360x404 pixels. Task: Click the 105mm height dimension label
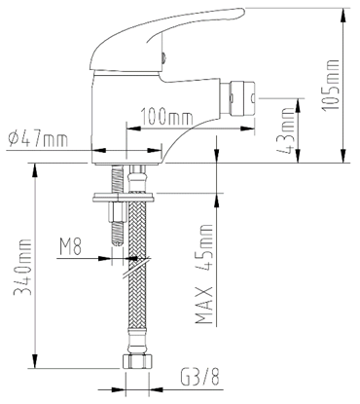click(x=331, y=85)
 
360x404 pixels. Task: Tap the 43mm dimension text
click(x=286, y=130)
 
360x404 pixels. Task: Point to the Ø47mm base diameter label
click(x=38, y=138)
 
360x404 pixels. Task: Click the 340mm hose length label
click(x=22, y=267)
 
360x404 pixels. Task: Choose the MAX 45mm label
click(x=204, y=275)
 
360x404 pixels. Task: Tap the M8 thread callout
click(x=70, y=245)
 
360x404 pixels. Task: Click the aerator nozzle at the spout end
click(x=237, y=97)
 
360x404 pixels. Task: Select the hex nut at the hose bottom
click(x=137, y=361)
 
